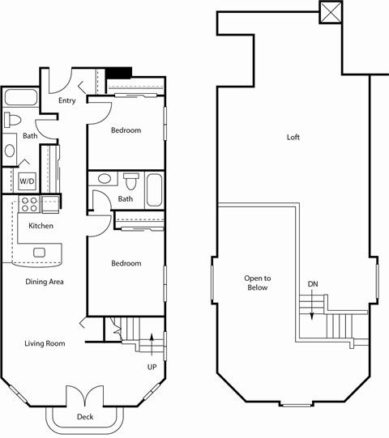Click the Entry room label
67,101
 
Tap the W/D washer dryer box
27,181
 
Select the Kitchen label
41,226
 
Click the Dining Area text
45,282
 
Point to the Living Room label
44,343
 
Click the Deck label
85,417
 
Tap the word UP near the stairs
152,367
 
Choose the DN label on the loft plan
313,283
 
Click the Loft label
293,138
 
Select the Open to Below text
257,283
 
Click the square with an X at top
331,13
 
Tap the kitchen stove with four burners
29,204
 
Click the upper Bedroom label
126,130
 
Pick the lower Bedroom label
126,263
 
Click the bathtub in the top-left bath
20,99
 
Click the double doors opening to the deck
85,398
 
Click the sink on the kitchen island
38,253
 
